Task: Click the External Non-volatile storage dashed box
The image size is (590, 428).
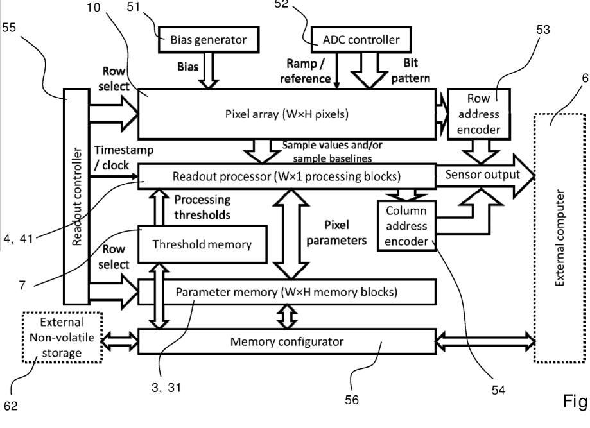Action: pos(62,336)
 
